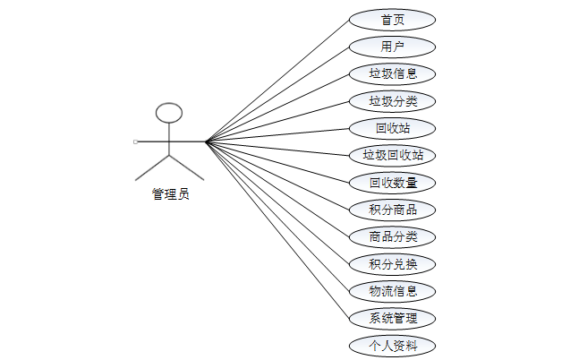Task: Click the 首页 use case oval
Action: coord(393,20)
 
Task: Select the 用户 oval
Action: coord(393,47)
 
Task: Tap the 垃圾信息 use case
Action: coord(393,73)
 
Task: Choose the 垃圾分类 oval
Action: coord(393,100)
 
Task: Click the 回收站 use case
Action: coord(393,128)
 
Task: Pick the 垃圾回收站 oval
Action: coord(393,155)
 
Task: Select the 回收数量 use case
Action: coord(393,183)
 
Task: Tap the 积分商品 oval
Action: coord(393,210)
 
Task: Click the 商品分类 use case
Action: coord(393,237)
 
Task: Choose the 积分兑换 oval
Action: coord(393,264)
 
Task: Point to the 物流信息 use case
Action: coord(393,291)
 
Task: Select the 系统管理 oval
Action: coord(393,318)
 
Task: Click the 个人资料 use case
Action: coord(393,346)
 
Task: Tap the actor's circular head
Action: coord(169,113)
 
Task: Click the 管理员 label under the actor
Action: coord(170,193)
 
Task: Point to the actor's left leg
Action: coord(152,165)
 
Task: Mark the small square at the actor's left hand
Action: coord(135,141)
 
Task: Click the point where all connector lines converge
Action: coord(205,141)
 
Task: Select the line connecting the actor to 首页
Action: coord(277,80)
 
